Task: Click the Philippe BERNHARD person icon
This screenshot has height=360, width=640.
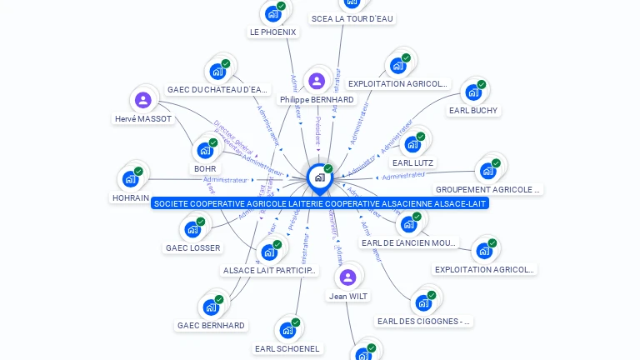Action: pyautogui.click(x=316, y=81)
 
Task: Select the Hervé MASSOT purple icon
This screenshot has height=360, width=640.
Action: pyautogui.click(x=143, y=100)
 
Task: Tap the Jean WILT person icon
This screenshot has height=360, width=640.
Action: pyautogui.click(x=348, y=277)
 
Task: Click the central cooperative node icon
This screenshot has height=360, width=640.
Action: pyautogui.click(x=319, y=177)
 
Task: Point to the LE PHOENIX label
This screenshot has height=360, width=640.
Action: pyautogui.click(x=272, y=32)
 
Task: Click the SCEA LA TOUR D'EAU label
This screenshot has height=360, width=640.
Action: pyautogui.click(x=352, y=18)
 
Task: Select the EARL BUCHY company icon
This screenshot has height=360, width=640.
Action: pyautogui.click(x=473, y=92)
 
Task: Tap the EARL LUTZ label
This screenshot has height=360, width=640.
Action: pyautogui.click(x=413, y=162)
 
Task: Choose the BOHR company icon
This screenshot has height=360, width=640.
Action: pyautogui.click(x=205, y=151)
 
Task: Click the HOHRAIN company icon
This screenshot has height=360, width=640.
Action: pyautogui.click(x=131, y=179)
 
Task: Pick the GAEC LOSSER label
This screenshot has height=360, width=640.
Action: pyautogui.click(x=193, y=247)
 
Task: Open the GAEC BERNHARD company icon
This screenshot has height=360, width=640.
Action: pyautogui.click(x=212, y=307)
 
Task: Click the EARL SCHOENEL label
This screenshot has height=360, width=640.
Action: pyautogui.click(x=287, y=348)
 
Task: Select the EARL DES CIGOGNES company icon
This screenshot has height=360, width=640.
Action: pyautogui.click(x=424, y=302)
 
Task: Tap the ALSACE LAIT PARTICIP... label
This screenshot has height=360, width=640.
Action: pyautogui.click(x=270, y=270)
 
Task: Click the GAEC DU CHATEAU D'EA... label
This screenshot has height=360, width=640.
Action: pyautogui.click(x=217, y=90)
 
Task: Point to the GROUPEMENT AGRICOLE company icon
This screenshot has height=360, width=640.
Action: pyautogui.click(x=487, y=172)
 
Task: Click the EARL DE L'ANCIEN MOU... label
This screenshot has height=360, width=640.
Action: pyautogui.click(x=409, y=242)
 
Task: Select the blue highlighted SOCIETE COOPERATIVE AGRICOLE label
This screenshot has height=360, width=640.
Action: pyautogui.click(x=320, y=203)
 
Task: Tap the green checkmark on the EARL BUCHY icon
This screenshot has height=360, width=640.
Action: pyautogui.click(x=482, y=84)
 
